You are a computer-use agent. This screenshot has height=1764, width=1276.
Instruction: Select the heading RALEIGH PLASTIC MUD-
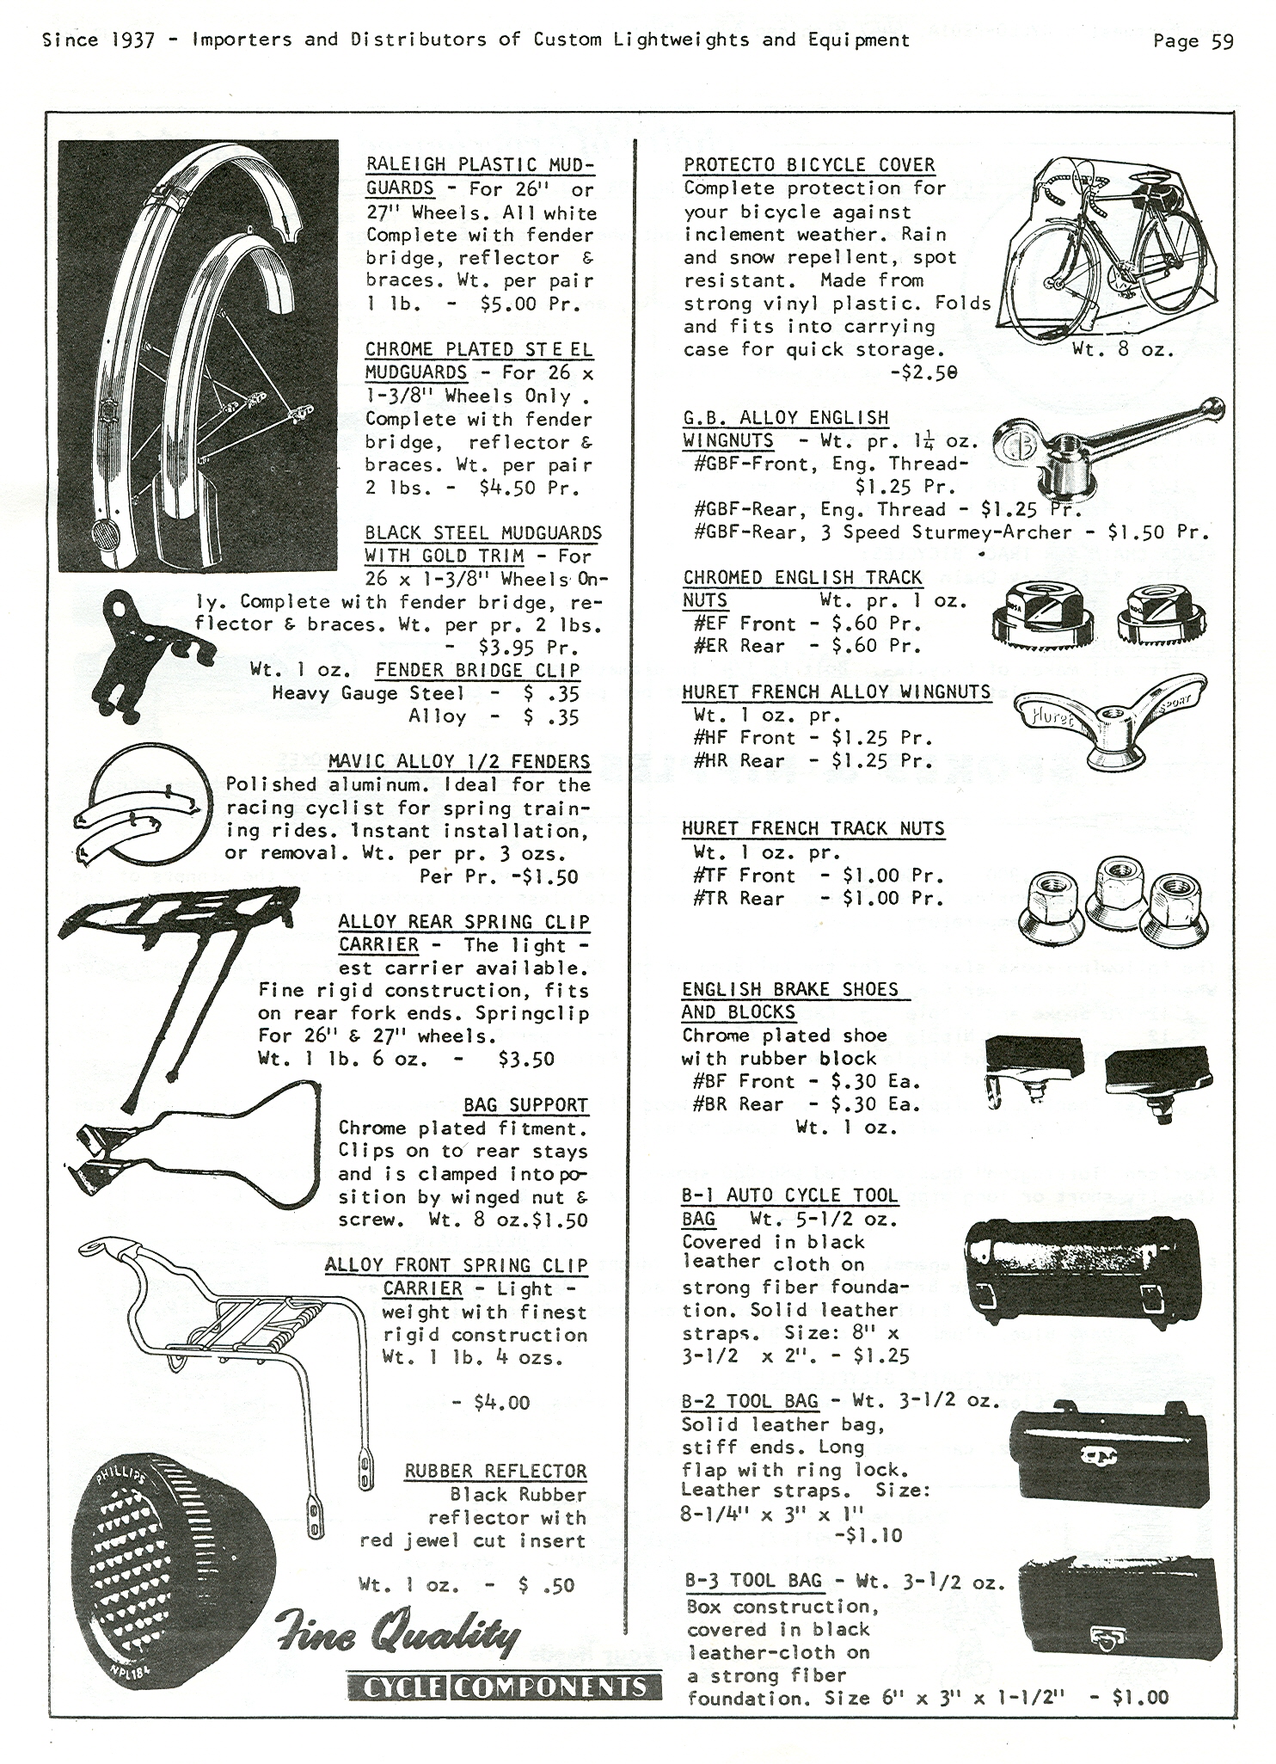(x=480, y=164)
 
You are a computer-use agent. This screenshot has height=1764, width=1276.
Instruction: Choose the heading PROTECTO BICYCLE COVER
(x=809, y=164)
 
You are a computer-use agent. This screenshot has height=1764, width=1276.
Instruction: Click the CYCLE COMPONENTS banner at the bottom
(x=505, y=1687)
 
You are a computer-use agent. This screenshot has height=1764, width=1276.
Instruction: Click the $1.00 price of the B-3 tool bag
(x=1140, y=1697)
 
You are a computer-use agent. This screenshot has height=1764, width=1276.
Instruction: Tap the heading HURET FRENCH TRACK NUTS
(x=813, y=828)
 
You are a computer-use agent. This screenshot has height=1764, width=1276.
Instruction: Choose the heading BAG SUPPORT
(x=525, y=1105)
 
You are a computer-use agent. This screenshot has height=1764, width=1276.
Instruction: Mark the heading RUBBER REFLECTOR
(x=496, y=1471)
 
